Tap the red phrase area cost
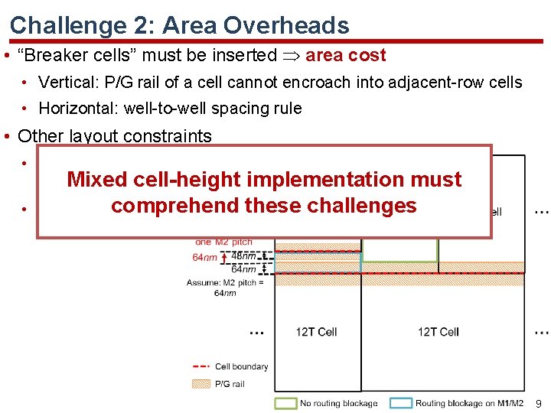[345, 55]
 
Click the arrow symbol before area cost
[291, 55]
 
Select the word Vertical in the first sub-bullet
[65, 82]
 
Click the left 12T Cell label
[316, 331]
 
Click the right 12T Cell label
[439, 331]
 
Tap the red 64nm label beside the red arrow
[204, 258]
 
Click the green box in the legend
[286, 402]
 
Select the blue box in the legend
[401, 402]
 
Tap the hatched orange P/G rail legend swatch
[201, 384]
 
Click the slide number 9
[539, 402]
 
